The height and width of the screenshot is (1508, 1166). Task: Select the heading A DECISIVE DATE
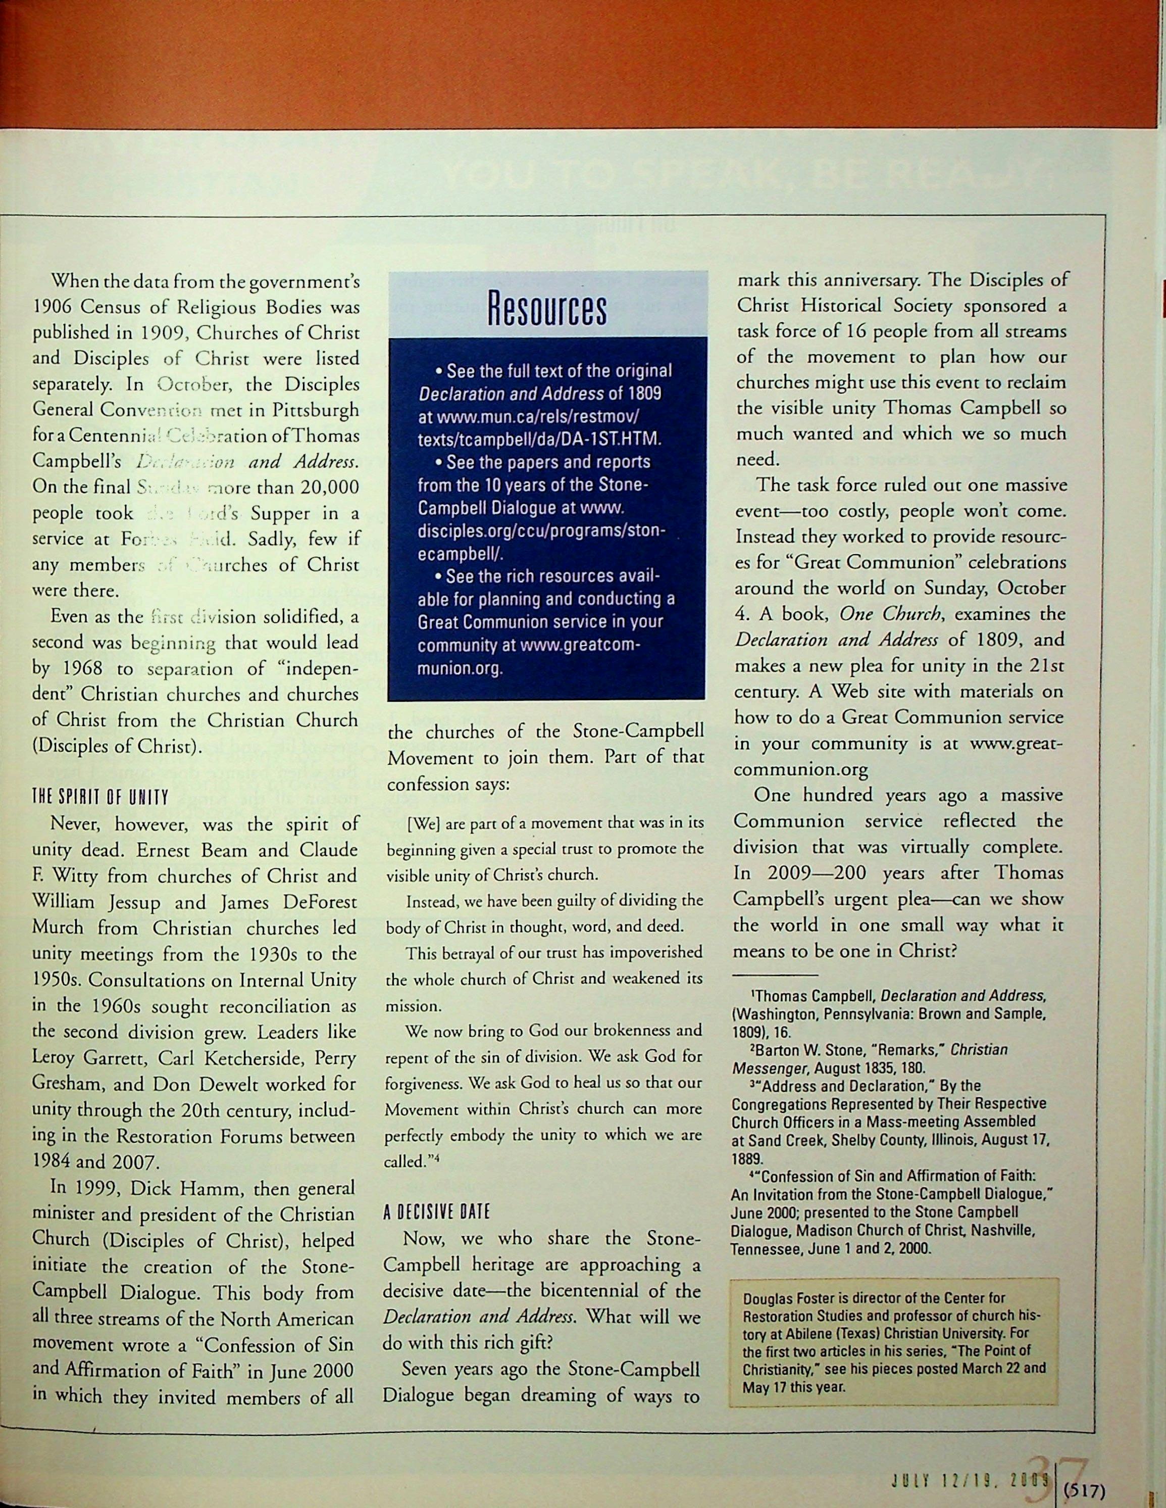(x=436, y=1212)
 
